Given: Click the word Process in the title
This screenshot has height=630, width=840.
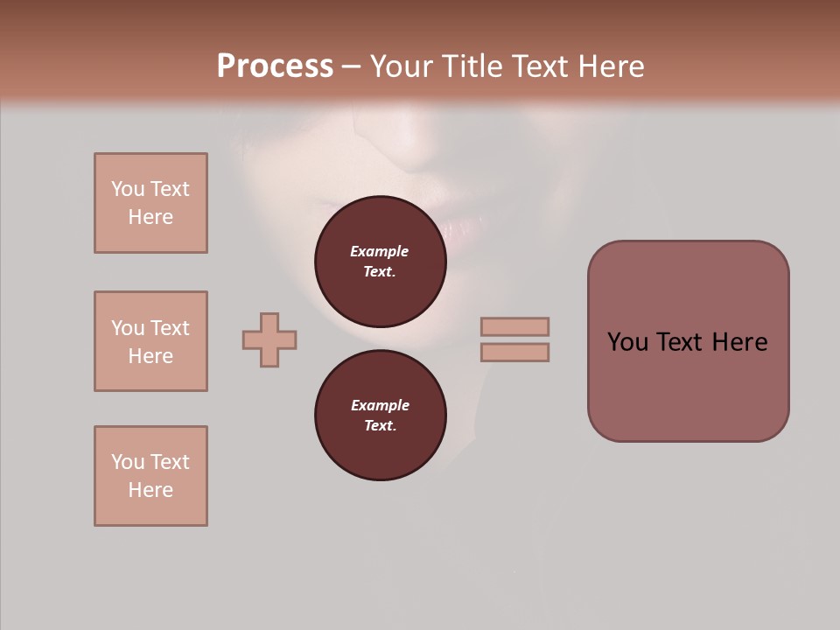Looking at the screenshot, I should click(x=275, y=66).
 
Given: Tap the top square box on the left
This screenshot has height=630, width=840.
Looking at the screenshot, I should click(x=150, y=203).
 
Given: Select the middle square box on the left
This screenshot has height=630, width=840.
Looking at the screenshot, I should click(x=150, y=341).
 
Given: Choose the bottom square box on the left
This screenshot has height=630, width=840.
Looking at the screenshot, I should click(x=150, y=476).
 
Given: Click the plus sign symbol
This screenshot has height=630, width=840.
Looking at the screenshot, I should click(x=269, y=339).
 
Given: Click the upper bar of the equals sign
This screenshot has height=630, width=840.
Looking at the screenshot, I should click(x=515, y=326).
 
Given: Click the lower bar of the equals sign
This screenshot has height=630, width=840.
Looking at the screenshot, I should click(x=515, y=352).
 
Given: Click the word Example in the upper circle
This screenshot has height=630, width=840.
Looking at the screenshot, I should click(x=380, y=251).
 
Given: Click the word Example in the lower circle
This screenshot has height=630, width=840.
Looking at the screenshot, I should click(x=380, y=405).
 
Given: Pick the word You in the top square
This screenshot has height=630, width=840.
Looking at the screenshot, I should click(x=128, y=189).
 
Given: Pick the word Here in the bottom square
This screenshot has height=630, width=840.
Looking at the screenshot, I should click(x=150, y=490).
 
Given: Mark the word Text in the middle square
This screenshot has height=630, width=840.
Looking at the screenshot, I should click(x=169, y=328).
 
